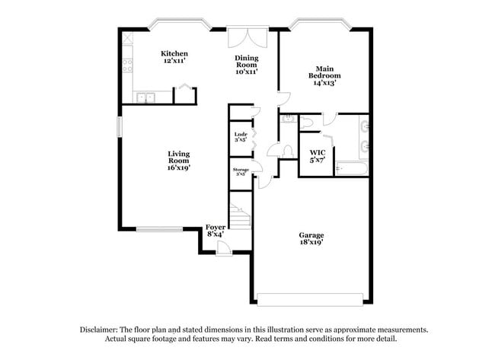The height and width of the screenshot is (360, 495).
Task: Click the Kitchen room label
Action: tap(174, 53)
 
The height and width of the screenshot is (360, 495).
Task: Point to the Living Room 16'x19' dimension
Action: tap(178, 167)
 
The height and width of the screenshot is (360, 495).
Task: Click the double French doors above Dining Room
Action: tap(247, 39)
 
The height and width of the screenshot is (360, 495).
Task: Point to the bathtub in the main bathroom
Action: tap(352, 167)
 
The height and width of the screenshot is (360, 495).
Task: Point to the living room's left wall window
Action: tap(119, 126)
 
